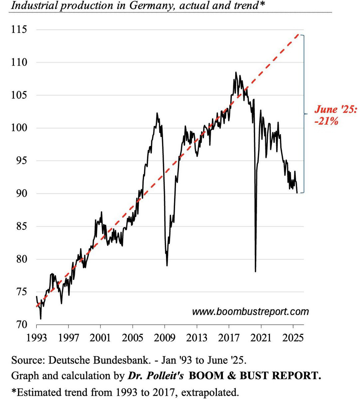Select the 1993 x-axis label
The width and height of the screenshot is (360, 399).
pyautogui.click(x=37, y=338)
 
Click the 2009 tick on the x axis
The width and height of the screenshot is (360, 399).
pyautogui.click(x=165, y=338)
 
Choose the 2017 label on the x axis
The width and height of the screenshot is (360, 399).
pyautogui.click(x=229, y=338)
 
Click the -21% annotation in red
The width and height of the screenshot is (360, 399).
pyautogui.click(x=326, y=121)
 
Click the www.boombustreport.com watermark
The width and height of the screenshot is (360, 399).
pyautogui.click(x=250, y=312)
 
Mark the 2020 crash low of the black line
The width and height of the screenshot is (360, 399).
pyautogui.click(x=255, y=272)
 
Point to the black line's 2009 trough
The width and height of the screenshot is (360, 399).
pyautogui.click(x=167, y=265)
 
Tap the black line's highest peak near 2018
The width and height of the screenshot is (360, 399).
pyautogui.click(x=236, y=72)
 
